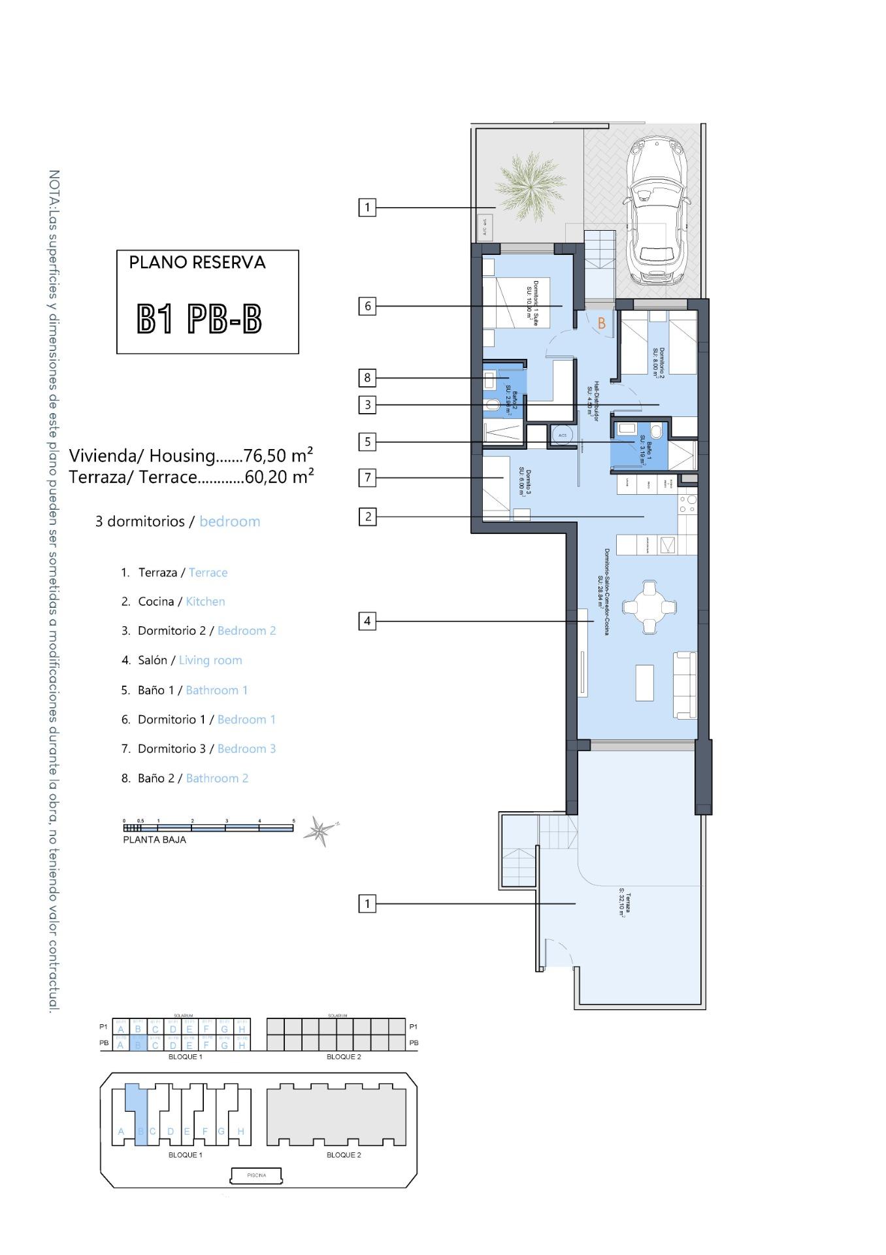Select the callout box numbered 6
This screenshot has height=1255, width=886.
click(x=367, y=306)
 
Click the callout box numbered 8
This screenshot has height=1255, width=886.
click(x=367, y=377)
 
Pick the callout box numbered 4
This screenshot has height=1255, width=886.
click(x=367, y=621)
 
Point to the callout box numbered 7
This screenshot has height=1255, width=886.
click(x=367, y=478)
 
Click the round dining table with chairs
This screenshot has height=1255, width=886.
click(x=649, y=607)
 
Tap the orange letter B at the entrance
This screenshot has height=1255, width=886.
click(x=602, y=323)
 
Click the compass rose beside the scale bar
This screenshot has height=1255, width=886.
click(x=320, y=830)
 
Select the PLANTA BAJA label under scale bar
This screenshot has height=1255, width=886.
click(x=154, y=840)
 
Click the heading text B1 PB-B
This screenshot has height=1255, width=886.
click(x=199, y=319)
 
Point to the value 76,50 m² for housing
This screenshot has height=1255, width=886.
click(x=278, y=455)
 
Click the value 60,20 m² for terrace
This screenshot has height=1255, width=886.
click(x=279, y=477)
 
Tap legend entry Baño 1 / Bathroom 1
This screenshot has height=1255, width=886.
click(x=193, y=690)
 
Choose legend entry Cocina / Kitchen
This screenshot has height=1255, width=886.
click(x=182, y=601)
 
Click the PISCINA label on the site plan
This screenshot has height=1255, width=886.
click(x=256, y=1175)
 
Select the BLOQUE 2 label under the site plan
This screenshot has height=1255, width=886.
click(x=344, y=1155)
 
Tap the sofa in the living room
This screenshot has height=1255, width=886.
click(x=685, y=684)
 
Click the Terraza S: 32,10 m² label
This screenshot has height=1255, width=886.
click(x=622, y=902)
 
